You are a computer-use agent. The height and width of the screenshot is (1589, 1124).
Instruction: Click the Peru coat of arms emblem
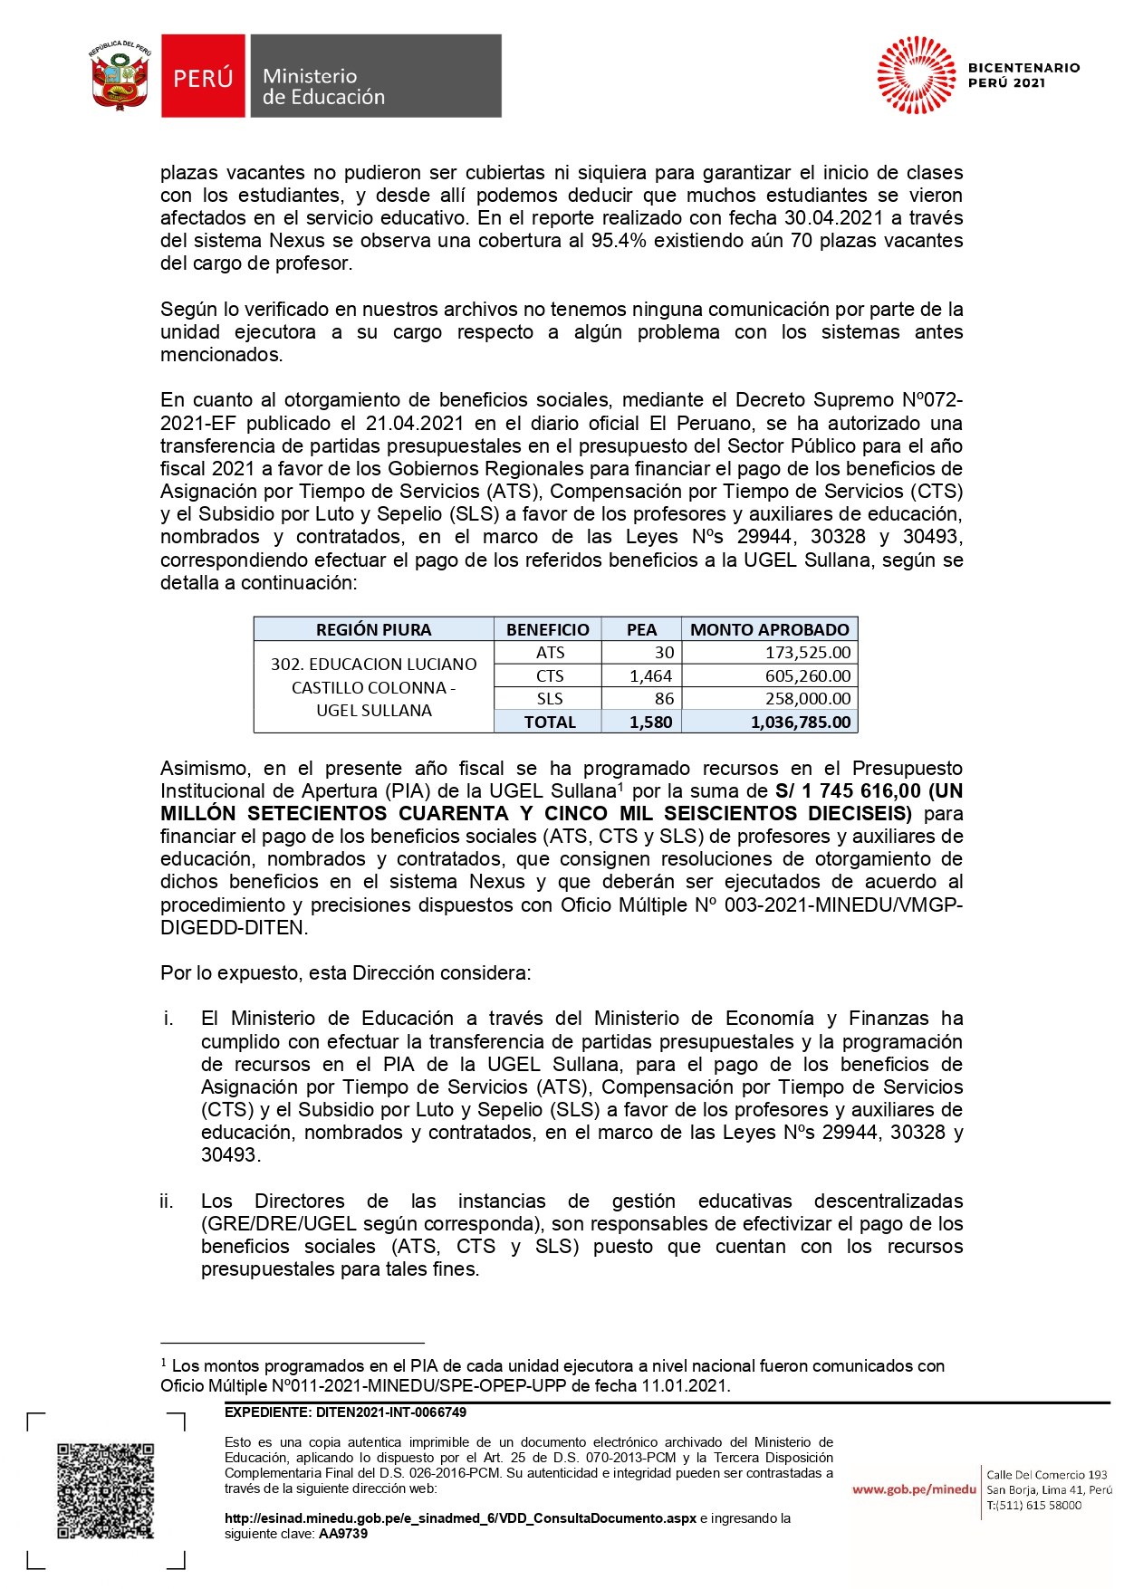click(120, 76)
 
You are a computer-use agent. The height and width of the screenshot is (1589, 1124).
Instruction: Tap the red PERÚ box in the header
click(203, 77)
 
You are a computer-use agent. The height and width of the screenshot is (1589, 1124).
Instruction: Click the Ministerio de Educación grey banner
click(374, 77)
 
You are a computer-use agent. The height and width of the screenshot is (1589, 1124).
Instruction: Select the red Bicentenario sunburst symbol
click(916, 75)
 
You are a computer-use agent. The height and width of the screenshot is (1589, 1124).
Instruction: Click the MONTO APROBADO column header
click(769, 629)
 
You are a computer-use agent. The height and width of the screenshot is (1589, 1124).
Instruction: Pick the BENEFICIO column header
click(547, 629)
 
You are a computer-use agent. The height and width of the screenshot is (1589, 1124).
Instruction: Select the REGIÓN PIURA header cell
click(373, 629)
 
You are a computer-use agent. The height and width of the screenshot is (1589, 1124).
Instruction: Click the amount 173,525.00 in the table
click(808, 653)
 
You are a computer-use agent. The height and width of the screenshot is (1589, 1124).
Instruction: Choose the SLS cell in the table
click(550, 699)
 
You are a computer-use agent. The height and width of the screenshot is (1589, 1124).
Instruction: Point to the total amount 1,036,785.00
click(801, 723)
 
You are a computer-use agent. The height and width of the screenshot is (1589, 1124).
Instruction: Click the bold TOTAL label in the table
click(550, 723)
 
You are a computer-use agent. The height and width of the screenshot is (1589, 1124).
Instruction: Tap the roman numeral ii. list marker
click(167, 1201)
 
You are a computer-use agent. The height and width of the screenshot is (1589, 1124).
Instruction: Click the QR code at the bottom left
click(106, 1489)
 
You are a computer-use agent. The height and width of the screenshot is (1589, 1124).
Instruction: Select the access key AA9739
click(343, 1534)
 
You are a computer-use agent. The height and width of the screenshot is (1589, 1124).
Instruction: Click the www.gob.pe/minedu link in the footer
click(914, 1489)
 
